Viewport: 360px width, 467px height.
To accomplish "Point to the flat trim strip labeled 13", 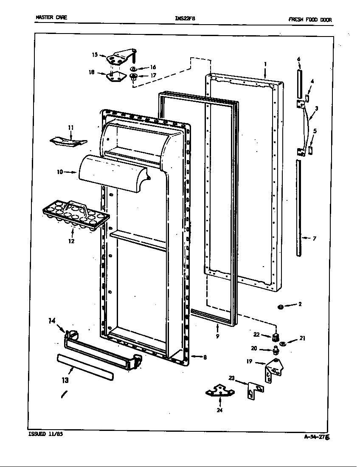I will pyautogui.click(x=85, y=366).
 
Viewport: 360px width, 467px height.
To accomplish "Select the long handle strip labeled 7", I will pyautogui.click(x=300, y=208).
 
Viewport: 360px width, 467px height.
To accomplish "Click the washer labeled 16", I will pyautogui.click(x=133, y=68).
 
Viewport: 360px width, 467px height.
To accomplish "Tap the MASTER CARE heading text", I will pyautogui.click(x=51, y=18).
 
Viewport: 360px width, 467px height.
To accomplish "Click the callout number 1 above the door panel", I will pyautogui.click(x=265, y=64).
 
